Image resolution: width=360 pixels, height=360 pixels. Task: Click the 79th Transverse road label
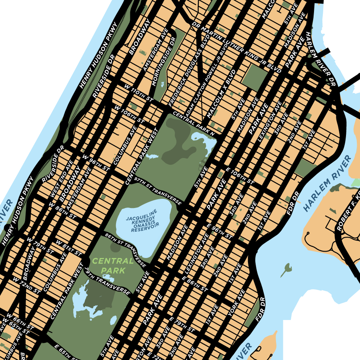pyautogui.click(x=108, y=284)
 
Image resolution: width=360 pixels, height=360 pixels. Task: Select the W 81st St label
pyautogui.click(x=68, y=248)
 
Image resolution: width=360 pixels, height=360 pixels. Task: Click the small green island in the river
pyautogui.click(x=286, y=271)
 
